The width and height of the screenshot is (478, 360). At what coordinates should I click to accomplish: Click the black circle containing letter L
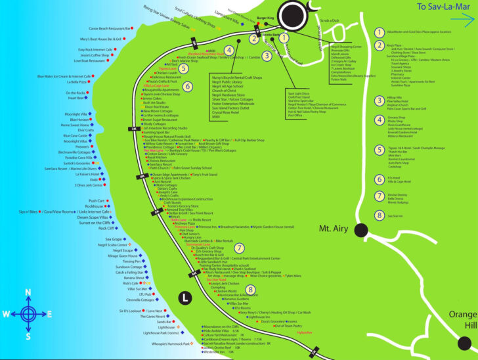186,298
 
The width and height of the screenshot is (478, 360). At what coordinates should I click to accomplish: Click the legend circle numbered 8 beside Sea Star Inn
379,215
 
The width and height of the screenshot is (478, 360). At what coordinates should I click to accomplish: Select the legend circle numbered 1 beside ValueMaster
379,31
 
